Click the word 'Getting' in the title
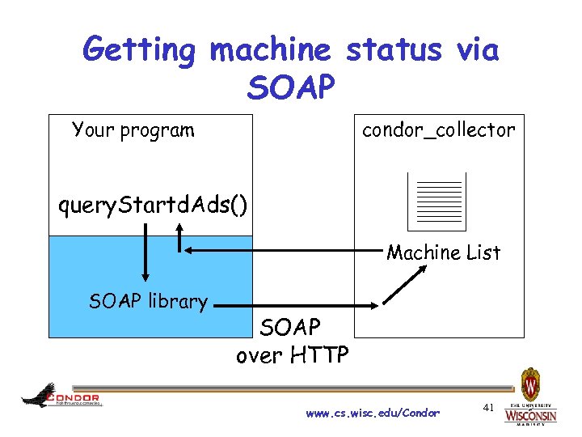pyautogui.click(x=139, y=51)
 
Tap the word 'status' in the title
pyautogui.click(x=393, y=51)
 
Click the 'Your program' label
pyautogui.click(x=133, y=130)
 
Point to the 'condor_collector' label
pyautogui.click(x=438, y=130)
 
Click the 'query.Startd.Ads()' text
pyautogui.click(x=153, y=206)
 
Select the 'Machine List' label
pyautogui.click(x=444, y=252)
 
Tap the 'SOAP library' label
pyautogui.click(x=148, y=302)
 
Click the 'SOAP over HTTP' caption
pyautogui.click(x=292, y=341)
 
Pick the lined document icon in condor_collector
pyautogui.click(x=437, y=202)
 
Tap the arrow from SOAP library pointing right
pyautogui.click(x=299, y=306)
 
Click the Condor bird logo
pyautogui.click(x=61, y=397)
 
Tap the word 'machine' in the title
pyautogui.click(x=271, y=51)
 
